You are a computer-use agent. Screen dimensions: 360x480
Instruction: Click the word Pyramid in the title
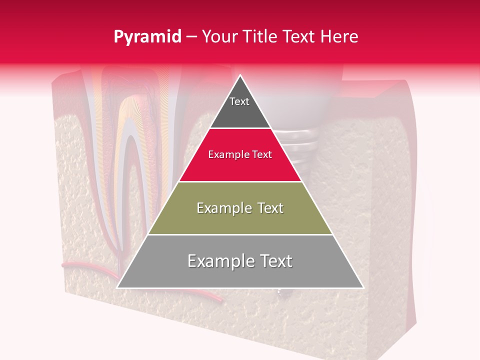147,37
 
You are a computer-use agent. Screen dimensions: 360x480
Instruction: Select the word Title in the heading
261,37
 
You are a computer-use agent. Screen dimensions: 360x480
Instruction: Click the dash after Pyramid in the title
191,37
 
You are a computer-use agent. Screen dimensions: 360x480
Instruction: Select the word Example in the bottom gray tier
218,261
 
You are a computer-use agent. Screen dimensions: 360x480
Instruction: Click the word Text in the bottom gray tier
275,261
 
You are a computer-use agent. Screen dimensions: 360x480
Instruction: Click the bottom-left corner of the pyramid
118,287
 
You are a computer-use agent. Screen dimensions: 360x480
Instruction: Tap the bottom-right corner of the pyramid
362,287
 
